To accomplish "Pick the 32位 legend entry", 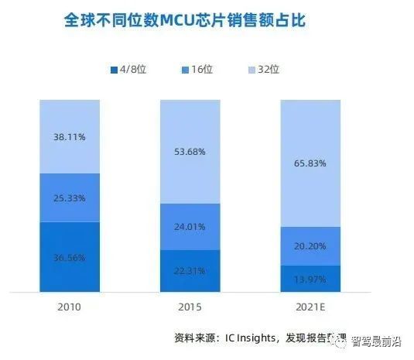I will click(x=270, y=70).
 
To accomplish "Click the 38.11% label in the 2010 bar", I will click(x=69, y=136).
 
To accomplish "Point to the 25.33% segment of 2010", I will click(x=69, y=197).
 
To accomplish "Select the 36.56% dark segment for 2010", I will click(x=69, y=258).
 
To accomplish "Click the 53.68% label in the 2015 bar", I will click(x=190, y=152).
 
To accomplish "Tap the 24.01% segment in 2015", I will click(x=190, y=227).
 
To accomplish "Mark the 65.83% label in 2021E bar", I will click(x=310, y=163).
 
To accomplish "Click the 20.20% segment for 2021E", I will click(x=310, y=246).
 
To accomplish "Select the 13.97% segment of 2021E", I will click(x=310, y=279).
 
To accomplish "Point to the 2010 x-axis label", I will click(x=69, y=307).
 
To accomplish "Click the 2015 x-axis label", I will click(x=190, y=307).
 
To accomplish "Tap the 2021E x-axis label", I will click(x=310, y=307).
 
